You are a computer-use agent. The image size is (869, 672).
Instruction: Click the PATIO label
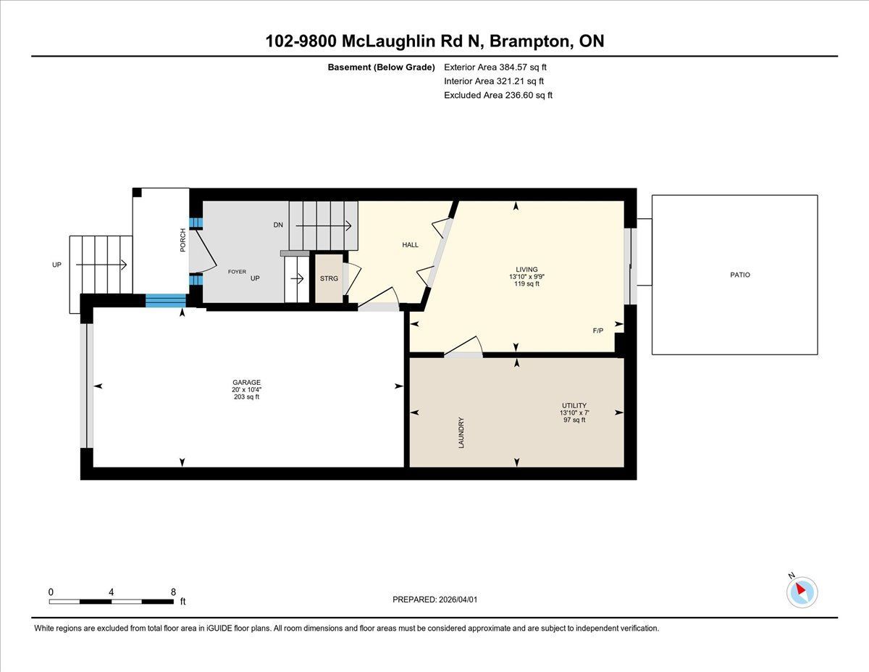tap(740, 275)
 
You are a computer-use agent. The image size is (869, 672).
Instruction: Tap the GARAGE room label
tap(246, 382)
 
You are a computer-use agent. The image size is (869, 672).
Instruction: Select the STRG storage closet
tap(329, 278)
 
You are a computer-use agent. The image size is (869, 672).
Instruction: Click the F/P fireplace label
tap(598, 331)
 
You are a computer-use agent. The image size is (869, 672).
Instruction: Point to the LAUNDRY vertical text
tap(461, 433)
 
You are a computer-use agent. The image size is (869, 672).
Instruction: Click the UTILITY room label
tap(574, 405)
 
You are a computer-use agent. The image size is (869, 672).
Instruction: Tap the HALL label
tap(411, 245)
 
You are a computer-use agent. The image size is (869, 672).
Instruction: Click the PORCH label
tap(182, 240)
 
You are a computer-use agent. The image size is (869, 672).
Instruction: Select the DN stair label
tap(278, 225)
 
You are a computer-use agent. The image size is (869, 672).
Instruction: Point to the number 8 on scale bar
tap(173, 592)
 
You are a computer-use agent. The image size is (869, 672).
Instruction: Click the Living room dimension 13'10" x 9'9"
tap(526, 277)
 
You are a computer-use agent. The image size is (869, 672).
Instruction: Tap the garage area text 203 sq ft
tap(246, 397)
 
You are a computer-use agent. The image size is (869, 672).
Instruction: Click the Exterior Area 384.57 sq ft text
tap(495, 67)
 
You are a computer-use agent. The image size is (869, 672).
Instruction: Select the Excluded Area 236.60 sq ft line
tap(498, 95)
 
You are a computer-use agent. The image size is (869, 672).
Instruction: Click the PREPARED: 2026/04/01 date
tap(434, 600)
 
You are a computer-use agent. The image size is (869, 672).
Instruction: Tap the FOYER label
tap(237, 272)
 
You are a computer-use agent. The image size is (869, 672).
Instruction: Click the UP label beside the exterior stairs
tap(56, 265)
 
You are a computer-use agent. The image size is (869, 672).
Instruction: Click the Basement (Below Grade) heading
tap(381, 67)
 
